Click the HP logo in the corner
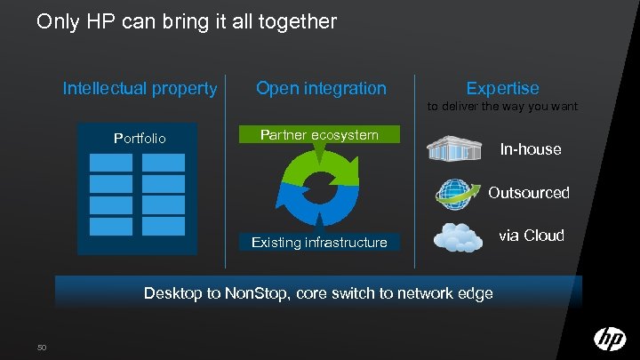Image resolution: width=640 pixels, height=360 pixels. (610, 339)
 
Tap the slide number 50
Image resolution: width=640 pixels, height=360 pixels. (42, 346)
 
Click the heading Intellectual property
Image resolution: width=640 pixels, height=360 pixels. (140, 88)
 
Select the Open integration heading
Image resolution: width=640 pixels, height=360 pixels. (321, 88)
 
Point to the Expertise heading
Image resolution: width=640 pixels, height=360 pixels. (502, 88)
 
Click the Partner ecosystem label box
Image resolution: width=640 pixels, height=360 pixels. (319, 135)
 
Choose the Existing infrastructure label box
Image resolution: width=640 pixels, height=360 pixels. (319, 242)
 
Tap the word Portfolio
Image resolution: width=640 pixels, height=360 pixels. (140, 139)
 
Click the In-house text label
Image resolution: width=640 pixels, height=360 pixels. (531, 149)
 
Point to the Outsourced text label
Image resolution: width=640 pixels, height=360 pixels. (529, 192)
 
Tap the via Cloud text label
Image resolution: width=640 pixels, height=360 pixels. (532, 236)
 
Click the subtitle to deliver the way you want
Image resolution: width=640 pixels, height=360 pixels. (502, 107)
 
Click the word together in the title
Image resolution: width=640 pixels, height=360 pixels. (299, 20)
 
